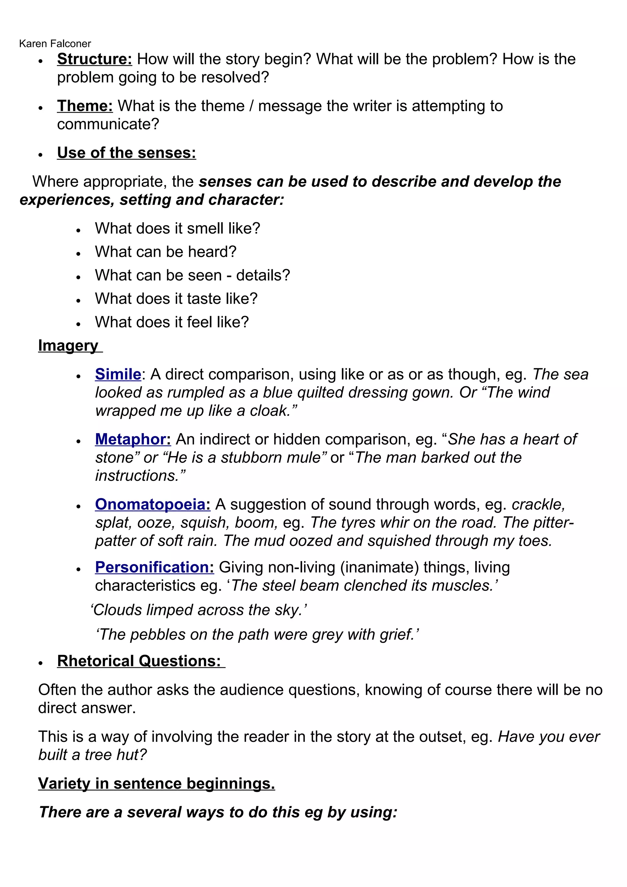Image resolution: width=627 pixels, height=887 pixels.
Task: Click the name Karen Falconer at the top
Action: [x=55, y=44]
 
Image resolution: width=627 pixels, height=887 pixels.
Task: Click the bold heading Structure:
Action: [x=95, y=59]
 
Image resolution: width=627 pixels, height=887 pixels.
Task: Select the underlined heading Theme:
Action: [x=85, y=106]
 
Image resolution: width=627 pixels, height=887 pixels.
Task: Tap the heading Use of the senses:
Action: [x=126, y=153]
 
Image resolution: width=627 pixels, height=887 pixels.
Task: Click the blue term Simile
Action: [x=118, y=374]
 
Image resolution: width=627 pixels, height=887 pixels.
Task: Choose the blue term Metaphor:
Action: [x=133, y=439]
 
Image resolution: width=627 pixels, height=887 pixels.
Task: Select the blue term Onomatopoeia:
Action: [x=152, y=504]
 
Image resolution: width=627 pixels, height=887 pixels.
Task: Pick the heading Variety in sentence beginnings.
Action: [x=156, y=784]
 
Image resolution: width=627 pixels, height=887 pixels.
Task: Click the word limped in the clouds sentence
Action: [x=170, y=610]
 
